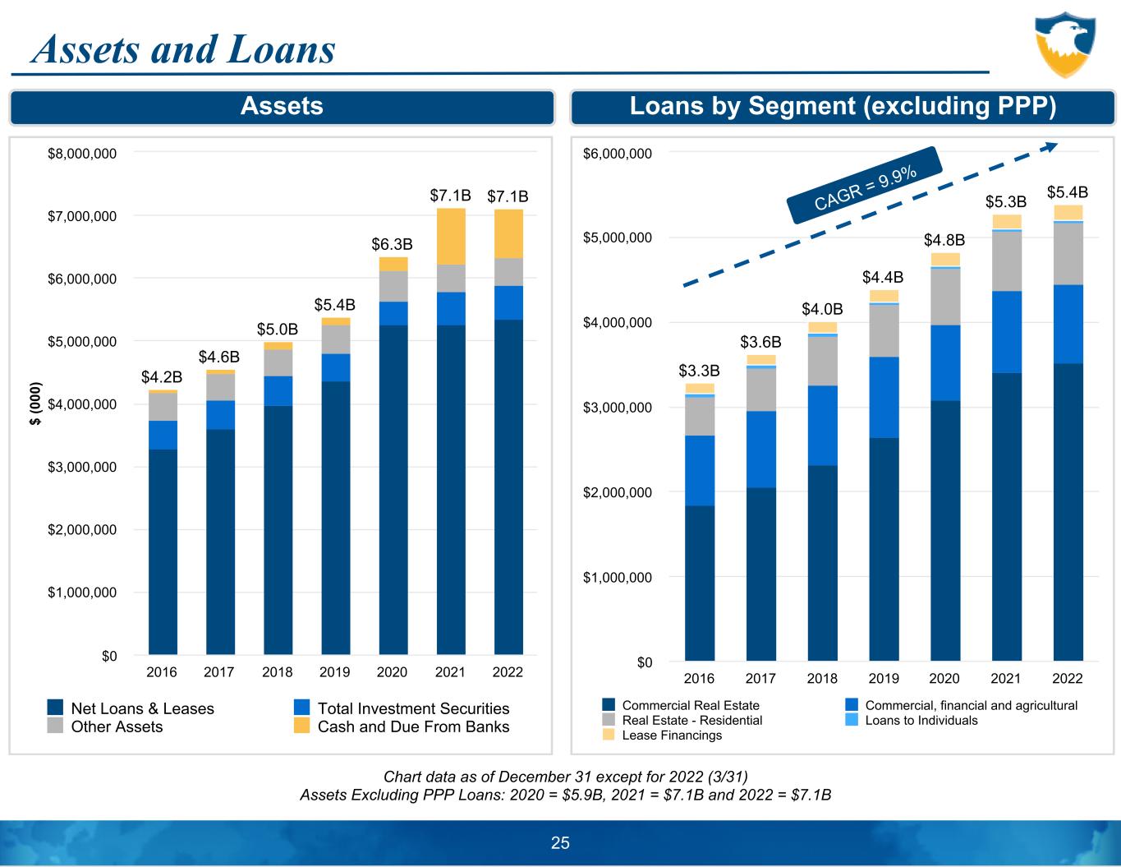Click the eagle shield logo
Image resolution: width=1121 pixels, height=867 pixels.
1065,45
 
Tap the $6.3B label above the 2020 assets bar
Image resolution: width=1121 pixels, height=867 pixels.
392,244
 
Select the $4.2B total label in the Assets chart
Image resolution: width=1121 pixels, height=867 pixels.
162,376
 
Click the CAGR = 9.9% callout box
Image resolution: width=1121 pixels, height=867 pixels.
865,185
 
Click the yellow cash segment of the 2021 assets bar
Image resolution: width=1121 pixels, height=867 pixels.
451,237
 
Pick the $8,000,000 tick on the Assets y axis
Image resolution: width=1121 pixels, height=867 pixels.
82,154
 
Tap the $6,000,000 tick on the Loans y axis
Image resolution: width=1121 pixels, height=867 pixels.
617,154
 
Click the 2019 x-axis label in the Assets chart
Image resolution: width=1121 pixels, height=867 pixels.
334,672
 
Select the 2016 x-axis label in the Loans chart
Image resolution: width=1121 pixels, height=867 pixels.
699,678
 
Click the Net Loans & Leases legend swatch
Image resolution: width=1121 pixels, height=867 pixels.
55,707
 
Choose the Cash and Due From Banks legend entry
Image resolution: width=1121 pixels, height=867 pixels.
402,726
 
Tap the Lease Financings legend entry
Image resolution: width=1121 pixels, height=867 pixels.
663,735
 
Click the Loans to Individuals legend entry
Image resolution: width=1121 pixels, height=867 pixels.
912,720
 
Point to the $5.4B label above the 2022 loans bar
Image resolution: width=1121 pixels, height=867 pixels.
1068,192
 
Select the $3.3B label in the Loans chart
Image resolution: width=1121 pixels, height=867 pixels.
699,371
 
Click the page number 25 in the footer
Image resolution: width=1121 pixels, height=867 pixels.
560,842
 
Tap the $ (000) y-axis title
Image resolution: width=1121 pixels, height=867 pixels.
34,404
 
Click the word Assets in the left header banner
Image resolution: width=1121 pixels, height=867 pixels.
282,106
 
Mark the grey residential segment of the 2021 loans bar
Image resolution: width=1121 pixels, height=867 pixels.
1007,261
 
